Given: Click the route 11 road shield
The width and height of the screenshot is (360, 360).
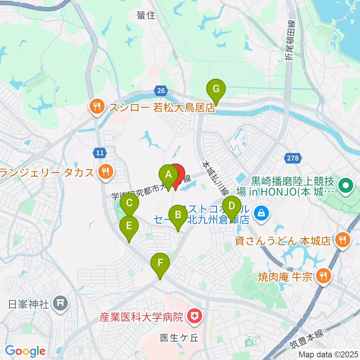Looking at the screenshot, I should [100, 153].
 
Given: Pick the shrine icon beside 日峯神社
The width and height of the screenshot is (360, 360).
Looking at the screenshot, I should [60, 303].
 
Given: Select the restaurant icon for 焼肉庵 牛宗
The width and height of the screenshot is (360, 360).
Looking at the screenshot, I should [322, 277].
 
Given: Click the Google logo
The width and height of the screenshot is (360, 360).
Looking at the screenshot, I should [25, 351].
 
